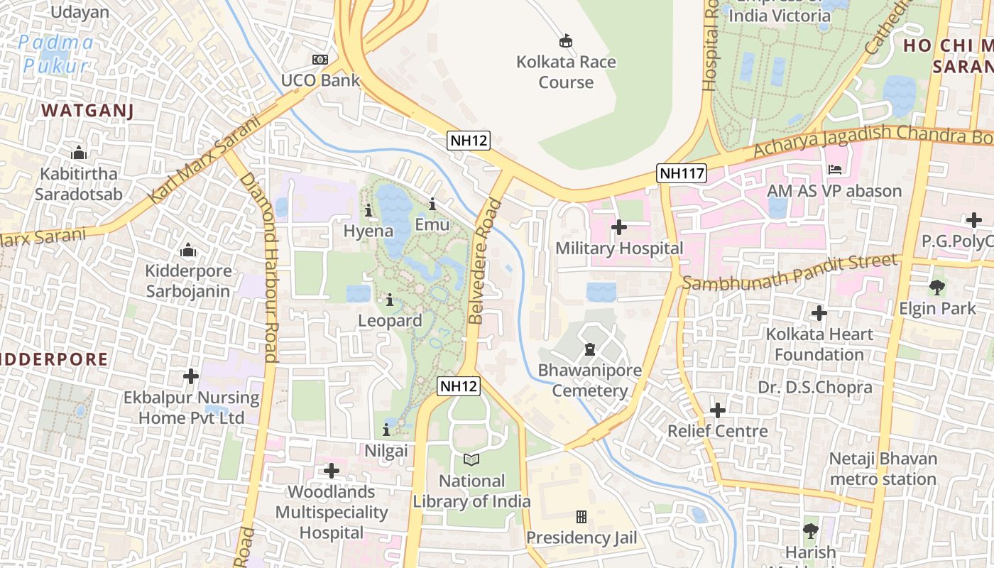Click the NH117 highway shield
[682, 173]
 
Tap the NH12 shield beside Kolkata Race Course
[469, 141]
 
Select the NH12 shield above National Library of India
[459, 386]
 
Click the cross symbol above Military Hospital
[619, 227]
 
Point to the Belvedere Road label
[484, 261]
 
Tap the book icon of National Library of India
[471, 460]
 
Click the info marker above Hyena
[368, 210]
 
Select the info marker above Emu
[432, 204]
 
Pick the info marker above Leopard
[389, 300]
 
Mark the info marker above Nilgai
[386, 430]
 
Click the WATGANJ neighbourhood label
[88, 110]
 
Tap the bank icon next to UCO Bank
[320, 60]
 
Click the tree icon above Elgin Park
[937, 288]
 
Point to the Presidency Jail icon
[581, 517]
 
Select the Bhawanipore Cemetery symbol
[589, 349]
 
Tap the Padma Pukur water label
[55, 55]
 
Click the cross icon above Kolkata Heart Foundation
[819, 312]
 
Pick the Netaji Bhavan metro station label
[883, 469]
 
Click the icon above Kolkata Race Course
[566, 40]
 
